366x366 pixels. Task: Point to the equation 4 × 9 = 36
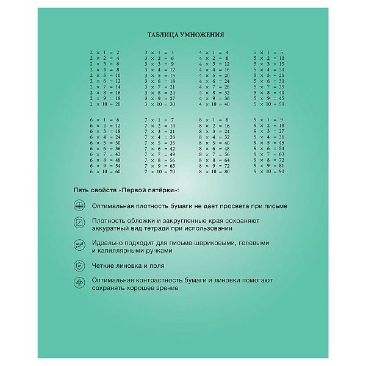(213, 98)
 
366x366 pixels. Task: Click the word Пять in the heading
(81, 191)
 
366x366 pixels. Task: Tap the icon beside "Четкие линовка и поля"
(78, 266)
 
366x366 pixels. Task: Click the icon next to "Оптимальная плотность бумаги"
(78, 206)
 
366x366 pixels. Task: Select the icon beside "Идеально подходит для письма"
(78, 246)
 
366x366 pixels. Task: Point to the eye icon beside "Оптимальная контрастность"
(78, 283)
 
